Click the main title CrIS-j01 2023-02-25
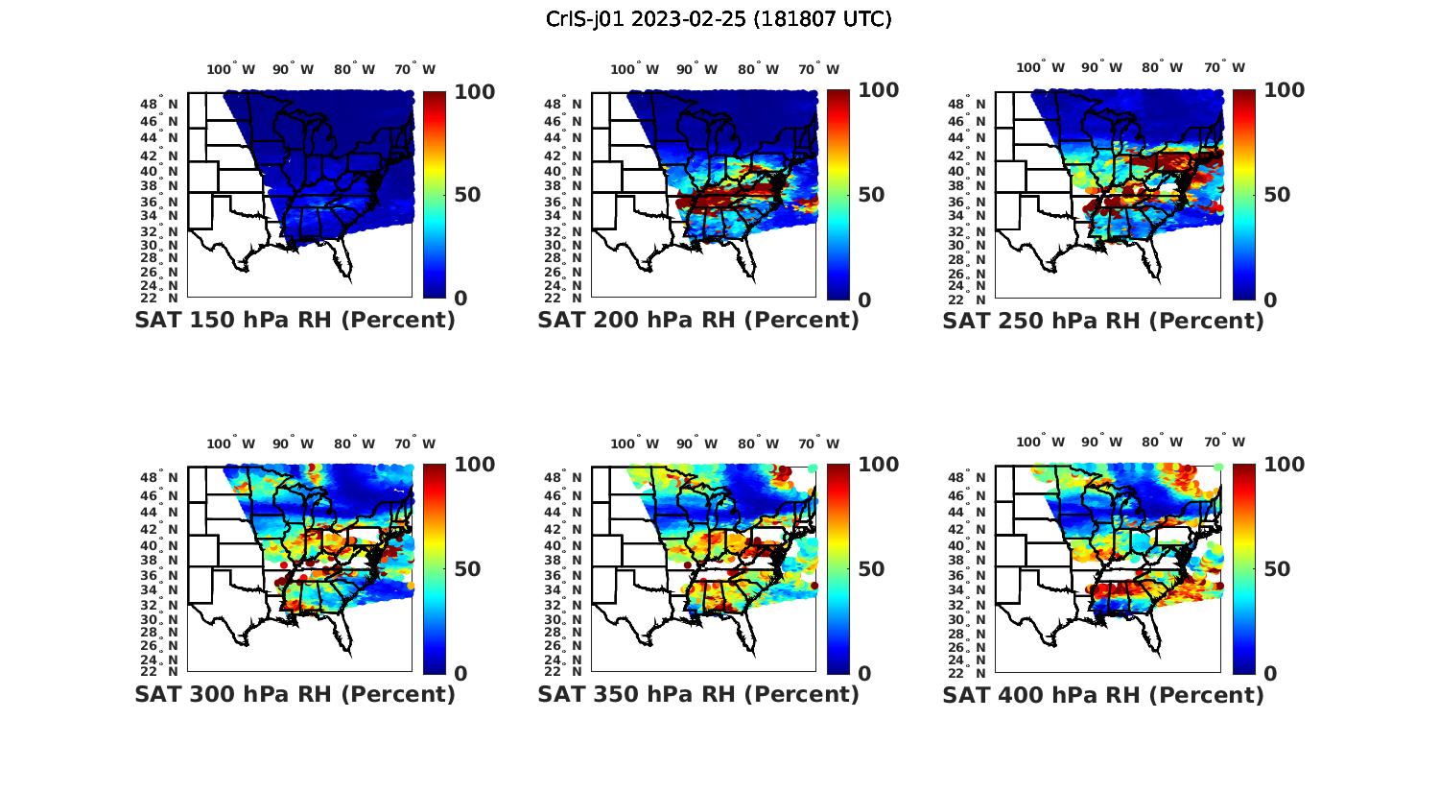(x=719, y=18)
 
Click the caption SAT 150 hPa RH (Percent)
(x=295, y=321)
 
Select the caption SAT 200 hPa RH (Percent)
(x=698, y=321)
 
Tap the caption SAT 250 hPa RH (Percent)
(x=1103, y=321)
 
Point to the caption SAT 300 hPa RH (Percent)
(x=295, y=694)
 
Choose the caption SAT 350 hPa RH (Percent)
(x=698, y=694)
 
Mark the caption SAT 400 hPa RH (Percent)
(x=1103, y=694)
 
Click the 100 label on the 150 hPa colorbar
(x=474, y=91)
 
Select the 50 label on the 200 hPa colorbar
(x=871, y=195)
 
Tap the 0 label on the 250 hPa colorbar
(x=1270, y=300)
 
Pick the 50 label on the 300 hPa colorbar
(x=467, y=569)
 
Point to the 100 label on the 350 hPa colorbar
(x=878, y=465)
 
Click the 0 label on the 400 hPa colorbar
(x=1270, y=673)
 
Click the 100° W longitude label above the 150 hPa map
(x=231, y=69)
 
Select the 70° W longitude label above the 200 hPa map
(x=818, y=69)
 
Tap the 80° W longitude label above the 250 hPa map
(x=1162, y=67)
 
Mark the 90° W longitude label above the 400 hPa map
(x=1102, y=443)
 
